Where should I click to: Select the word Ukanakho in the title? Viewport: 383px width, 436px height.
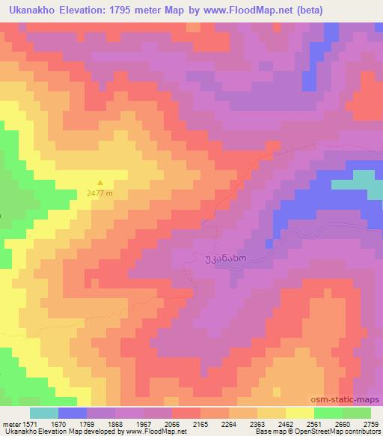[x=31, y=9]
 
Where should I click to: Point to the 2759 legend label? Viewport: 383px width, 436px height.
[x=370, y=423]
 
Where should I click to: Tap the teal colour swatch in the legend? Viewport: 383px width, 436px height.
[x=44, y=413]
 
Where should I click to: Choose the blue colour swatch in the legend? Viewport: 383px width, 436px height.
[x=73, y=413]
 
